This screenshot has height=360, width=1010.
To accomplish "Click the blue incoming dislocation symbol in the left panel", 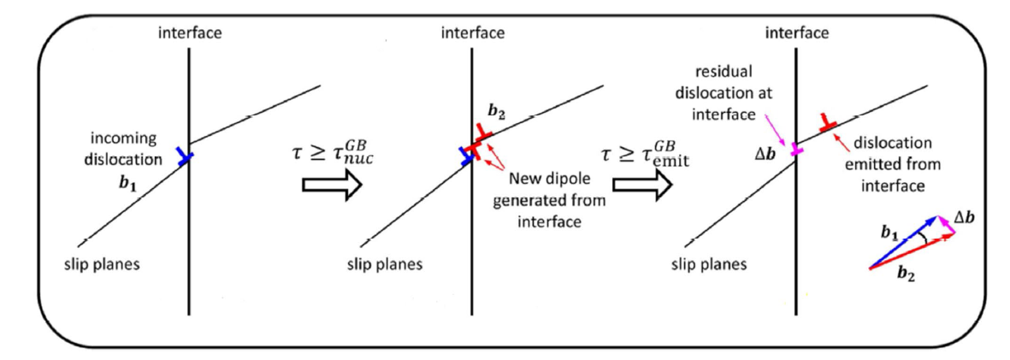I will tap(183, 156).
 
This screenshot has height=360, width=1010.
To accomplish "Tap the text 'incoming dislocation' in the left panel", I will tap(130, 148).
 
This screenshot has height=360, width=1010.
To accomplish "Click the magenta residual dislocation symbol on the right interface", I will tap(797, 150).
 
